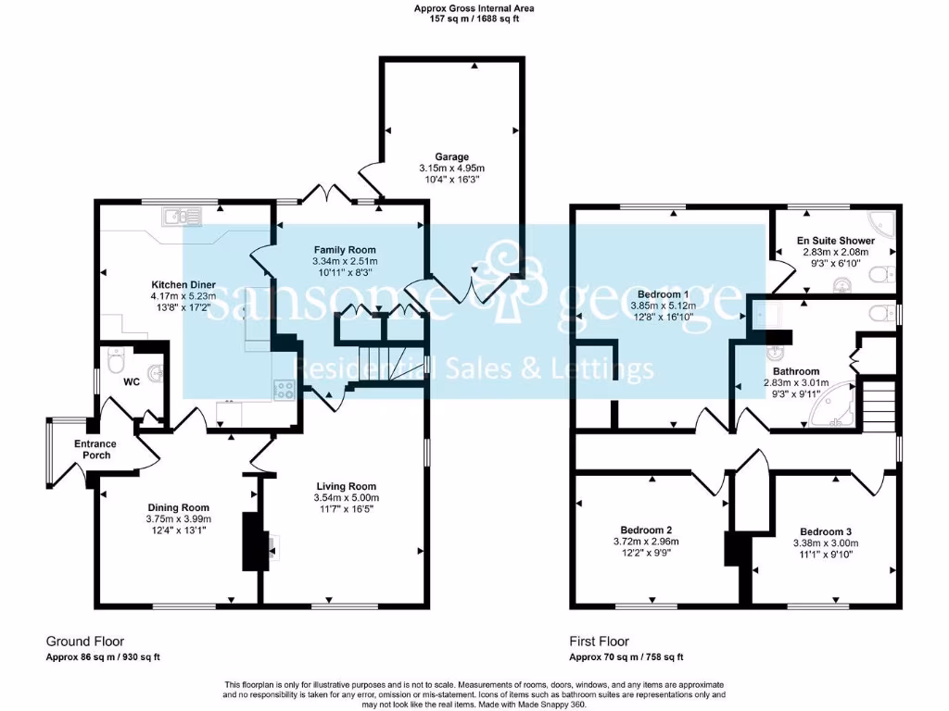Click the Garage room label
452,156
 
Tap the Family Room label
345,250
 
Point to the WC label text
131,381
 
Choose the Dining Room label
179,507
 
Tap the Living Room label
346,486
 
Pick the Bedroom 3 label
826,531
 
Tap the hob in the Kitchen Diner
284,390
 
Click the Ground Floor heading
85,641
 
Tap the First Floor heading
599,641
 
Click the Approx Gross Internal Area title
474,8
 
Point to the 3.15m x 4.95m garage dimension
452,168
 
